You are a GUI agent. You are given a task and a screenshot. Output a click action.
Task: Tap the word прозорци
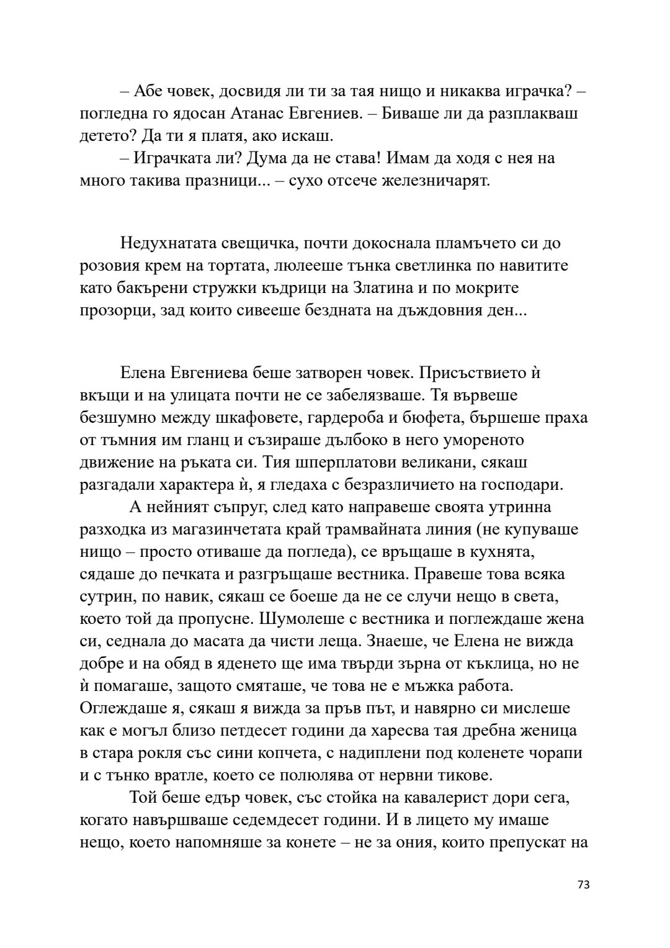click(110, 310)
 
